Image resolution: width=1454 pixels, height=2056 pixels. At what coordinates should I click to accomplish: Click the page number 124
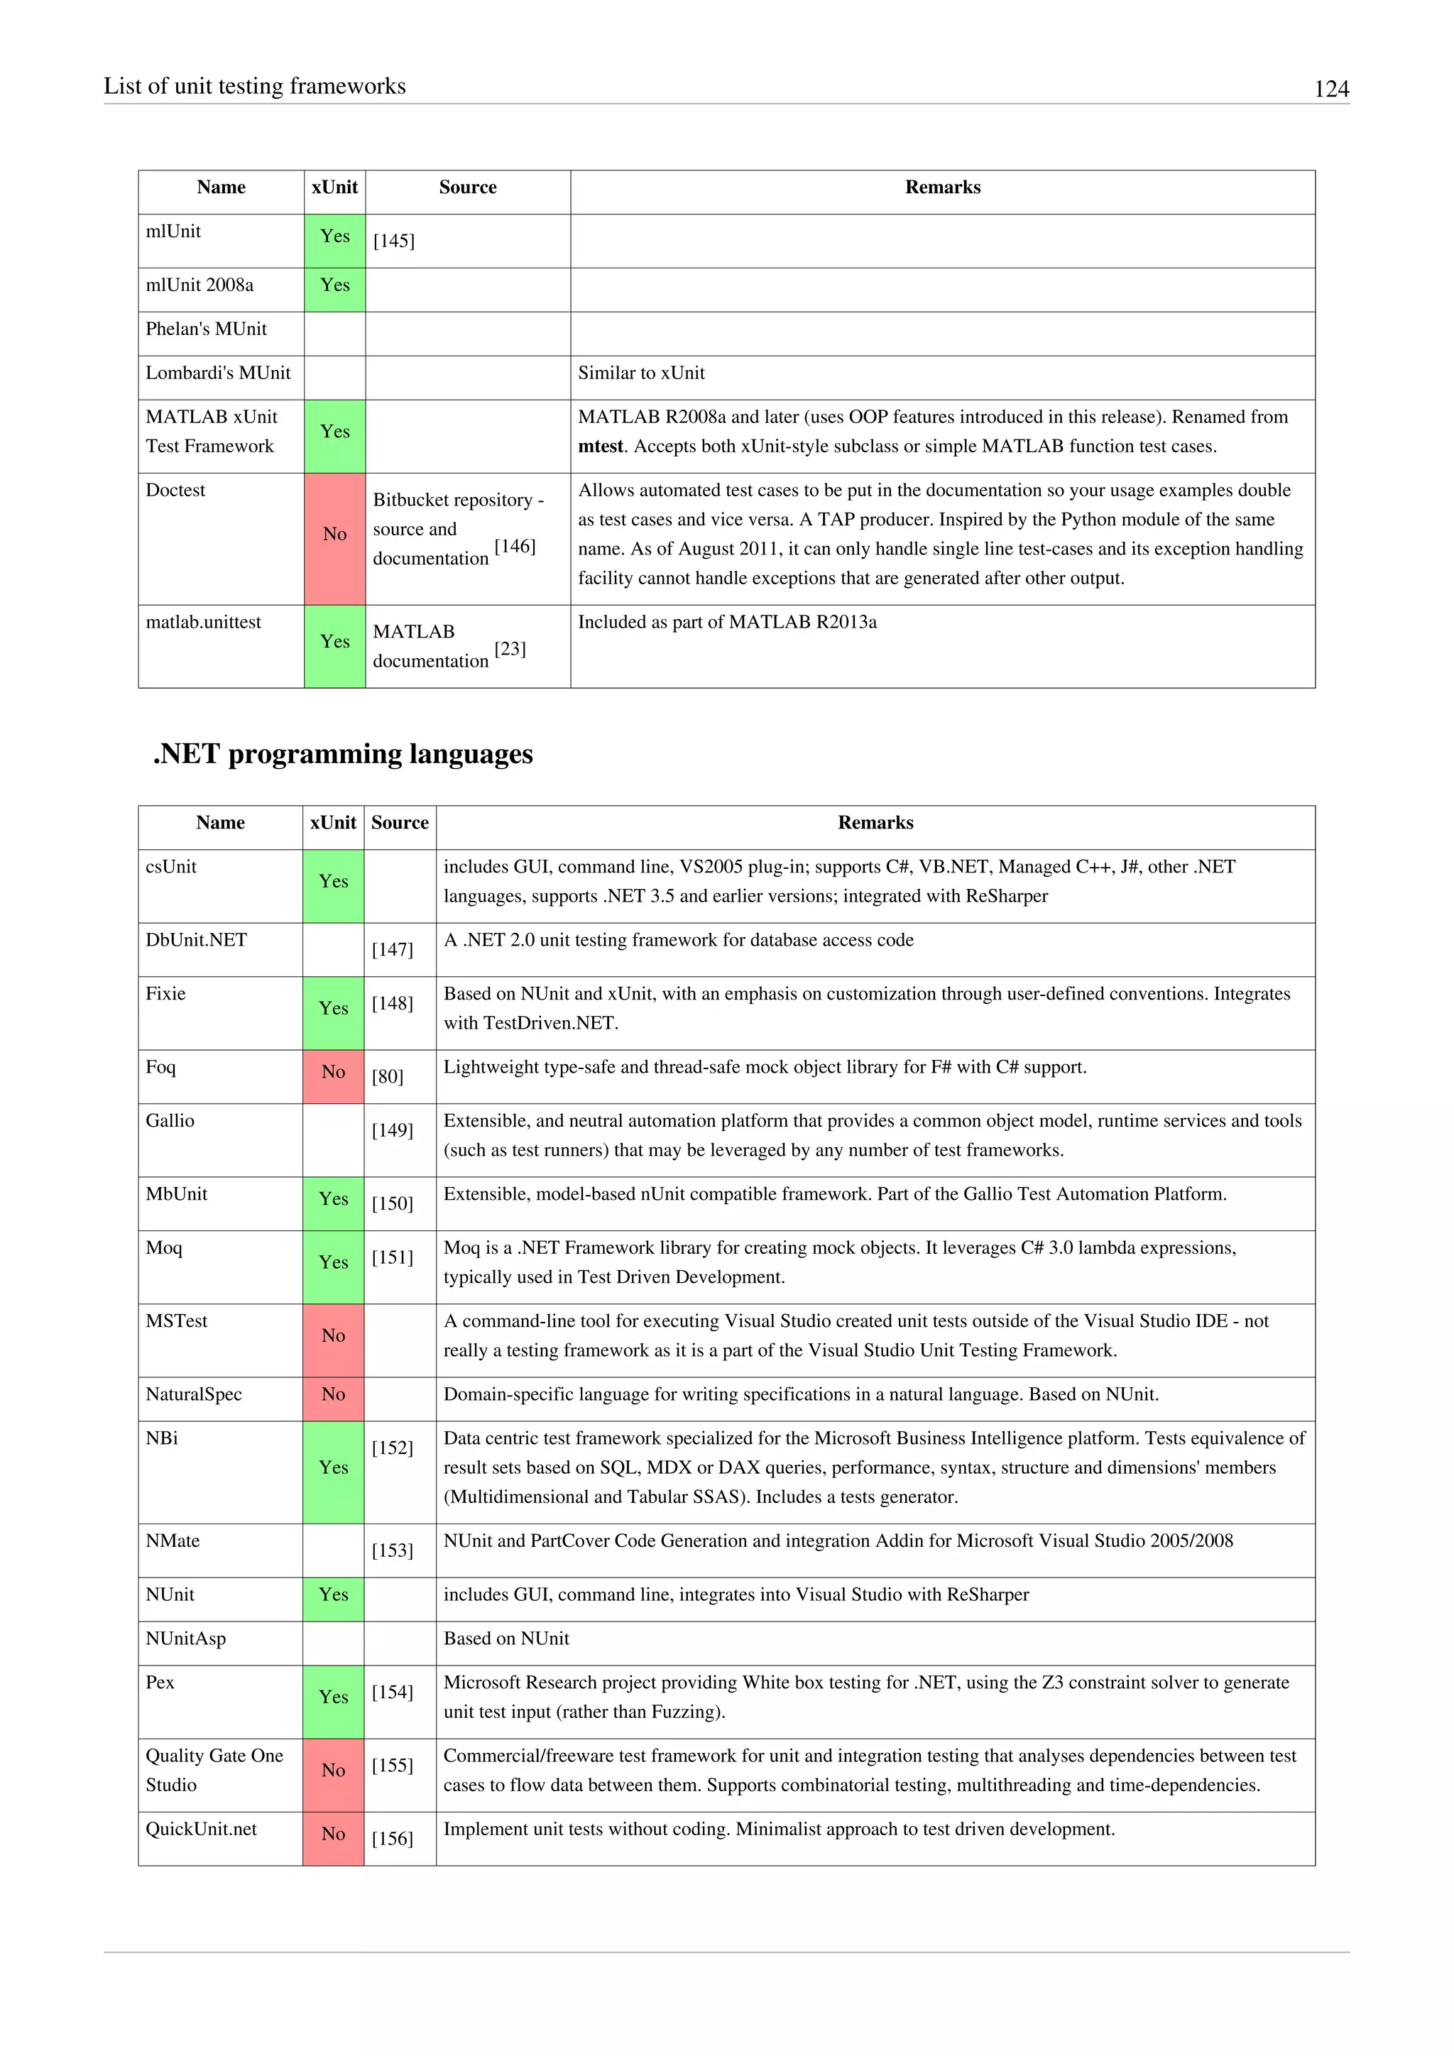pyautogui.click(x=1330, y=89)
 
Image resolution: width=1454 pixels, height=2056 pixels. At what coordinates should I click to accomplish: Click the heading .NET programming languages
pyautogui.click(x=343, y=754)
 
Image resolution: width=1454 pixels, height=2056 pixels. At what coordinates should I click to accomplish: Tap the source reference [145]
pyautogui.click(x=394, y=241)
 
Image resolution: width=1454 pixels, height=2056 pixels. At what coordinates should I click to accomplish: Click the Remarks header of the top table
pyautogui.click(x=942, y=187)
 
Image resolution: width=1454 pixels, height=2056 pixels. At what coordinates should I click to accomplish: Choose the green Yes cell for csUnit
pyautogui.click(x=333, y=882)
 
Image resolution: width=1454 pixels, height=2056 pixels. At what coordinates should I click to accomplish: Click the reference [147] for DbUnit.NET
pyautogui.click(x=392, y=949)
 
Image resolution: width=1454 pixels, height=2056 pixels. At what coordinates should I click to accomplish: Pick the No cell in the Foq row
pyautogui.click(x=333, y=1072)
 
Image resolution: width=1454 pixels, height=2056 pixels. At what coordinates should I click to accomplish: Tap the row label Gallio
pyautogui.click(x=170, y=1121)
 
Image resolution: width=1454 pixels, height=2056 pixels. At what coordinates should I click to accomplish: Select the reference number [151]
pyautogui.click(x=392, y=1257)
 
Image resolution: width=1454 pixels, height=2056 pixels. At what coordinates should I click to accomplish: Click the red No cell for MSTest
pyautogui.click(x=333, y=1336)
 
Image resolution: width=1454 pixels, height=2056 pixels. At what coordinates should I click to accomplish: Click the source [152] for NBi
pyautogui.click(x=392, y=1448)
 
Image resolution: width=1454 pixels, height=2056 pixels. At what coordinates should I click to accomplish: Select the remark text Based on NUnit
pyautogui.click(x=506, y=1639)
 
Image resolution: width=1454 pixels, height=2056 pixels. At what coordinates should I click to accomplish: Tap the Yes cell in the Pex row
pyautogui.click(x=333, y=1697)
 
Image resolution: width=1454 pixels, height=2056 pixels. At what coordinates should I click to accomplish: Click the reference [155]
pyautogui.click(x=392, y=1765)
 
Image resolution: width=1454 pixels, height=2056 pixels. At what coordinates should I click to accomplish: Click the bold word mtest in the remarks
pyautogui.click(x=600, y=447)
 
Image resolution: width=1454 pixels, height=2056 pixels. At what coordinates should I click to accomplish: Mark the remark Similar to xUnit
pyautogui.click(x=641, y=373)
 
